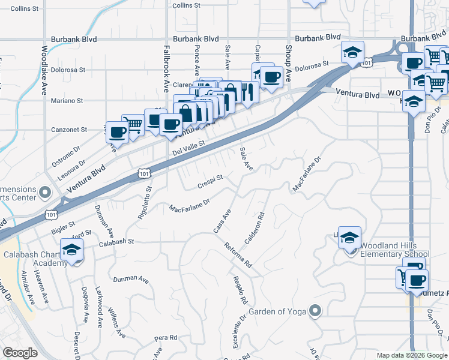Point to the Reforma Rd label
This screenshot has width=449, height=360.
[x=238, y=254]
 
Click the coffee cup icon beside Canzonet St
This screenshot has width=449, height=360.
[x=117, y=131]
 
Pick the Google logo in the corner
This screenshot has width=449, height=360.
[x=20, y=352]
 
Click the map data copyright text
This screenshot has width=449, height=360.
[x=412, y=355]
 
